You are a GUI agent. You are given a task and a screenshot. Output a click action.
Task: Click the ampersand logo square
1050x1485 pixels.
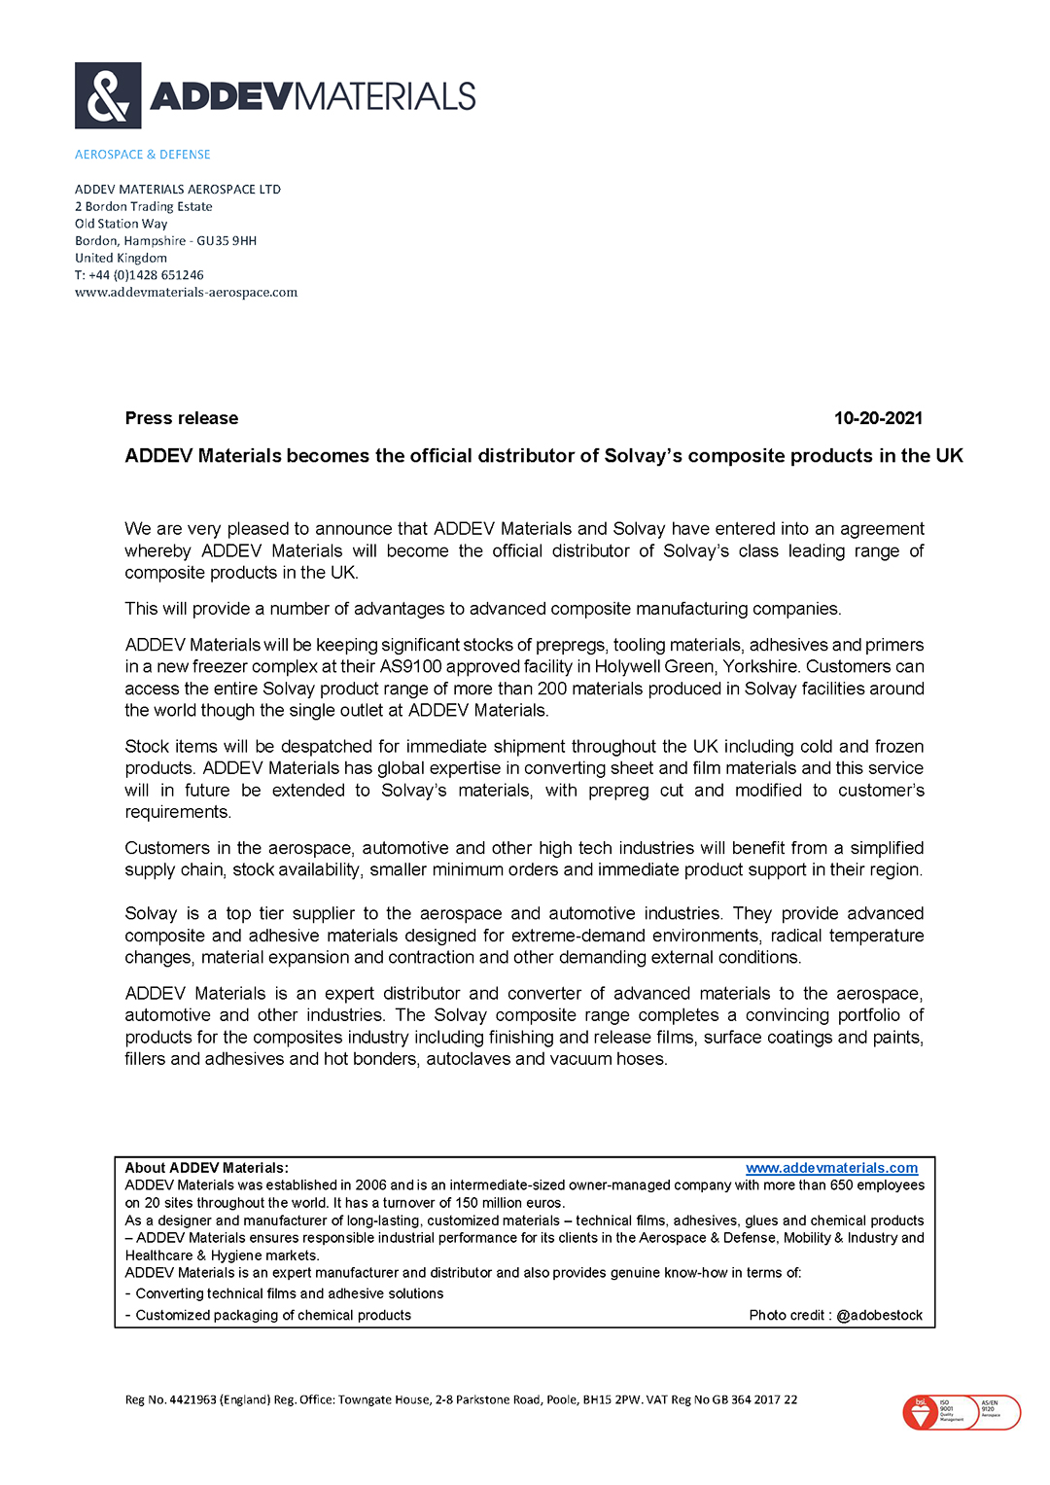click(108, 95)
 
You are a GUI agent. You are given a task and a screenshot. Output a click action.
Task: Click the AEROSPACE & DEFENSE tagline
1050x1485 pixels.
click(143, 155)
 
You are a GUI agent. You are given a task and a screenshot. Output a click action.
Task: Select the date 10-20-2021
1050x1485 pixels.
click(878, 418)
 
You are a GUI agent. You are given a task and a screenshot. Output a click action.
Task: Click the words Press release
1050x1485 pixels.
click(182, 418)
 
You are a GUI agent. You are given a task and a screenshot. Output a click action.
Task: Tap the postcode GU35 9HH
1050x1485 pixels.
click(227, 241)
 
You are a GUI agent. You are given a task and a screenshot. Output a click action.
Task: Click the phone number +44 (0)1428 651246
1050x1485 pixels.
click(146, 275)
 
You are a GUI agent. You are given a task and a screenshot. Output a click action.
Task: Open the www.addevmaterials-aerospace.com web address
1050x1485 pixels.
click(187, 293)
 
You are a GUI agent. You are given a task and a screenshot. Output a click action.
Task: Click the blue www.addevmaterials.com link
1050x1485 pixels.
click(831, 1168)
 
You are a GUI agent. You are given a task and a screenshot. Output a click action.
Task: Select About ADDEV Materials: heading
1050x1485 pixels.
click(207, 1168)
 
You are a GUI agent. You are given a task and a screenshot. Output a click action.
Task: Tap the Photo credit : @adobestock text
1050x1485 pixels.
click(835, 1315)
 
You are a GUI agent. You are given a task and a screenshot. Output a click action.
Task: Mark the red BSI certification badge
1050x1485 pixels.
click(921, 1412)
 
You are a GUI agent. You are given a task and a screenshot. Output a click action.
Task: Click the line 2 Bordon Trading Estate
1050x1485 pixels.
click(144, 207)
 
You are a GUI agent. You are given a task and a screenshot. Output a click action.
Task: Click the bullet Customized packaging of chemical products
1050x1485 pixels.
click(273, 1315)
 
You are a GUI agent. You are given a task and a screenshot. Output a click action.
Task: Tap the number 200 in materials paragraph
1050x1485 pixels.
click(552, 689)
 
